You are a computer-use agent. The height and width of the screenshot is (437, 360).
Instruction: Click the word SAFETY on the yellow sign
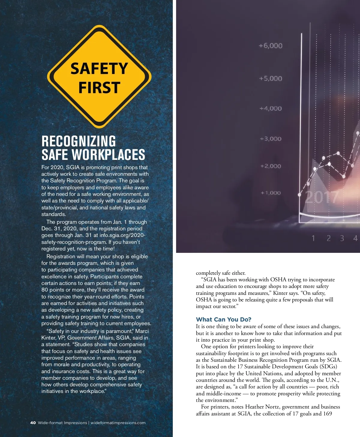tap(99, 69)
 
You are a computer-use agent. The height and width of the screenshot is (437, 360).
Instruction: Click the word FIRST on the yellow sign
tap(99, 88)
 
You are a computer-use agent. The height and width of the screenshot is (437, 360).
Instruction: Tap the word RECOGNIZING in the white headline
tap(79, 141)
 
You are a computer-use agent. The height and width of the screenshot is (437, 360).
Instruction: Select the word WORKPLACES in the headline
tap(109, 155)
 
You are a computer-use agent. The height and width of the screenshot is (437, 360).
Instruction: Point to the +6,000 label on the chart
tap(271, 46)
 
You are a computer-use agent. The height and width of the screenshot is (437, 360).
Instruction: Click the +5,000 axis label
tap(271, 79)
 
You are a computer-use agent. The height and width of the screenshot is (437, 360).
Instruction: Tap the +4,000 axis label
tap(271, 109)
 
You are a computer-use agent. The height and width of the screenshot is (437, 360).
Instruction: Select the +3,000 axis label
tap(271, 139)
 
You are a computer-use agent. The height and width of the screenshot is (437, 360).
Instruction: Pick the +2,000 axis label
tap(271, 166)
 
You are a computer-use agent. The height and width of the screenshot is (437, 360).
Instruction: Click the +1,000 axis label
tap(271, 193)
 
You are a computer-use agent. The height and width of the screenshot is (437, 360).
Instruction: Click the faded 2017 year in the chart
tap(322, 197)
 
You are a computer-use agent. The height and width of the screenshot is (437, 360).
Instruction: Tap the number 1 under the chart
tap(313, 238)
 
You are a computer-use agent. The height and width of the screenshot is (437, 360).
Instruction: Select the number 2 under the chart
tap(328, 238)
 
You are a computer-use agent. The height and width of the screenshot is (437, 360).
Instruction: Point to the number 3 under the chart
tap(342, 238)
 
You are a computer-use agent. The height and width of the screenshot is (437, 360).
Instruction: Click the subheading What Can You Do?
tap(223, 319)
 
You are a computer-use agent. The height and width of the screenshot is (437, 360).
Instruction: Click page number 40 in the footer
tap(33, 423)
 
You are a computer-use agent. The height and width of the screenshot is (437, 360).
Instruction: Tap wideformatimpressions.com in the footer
tap(118, 423)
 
